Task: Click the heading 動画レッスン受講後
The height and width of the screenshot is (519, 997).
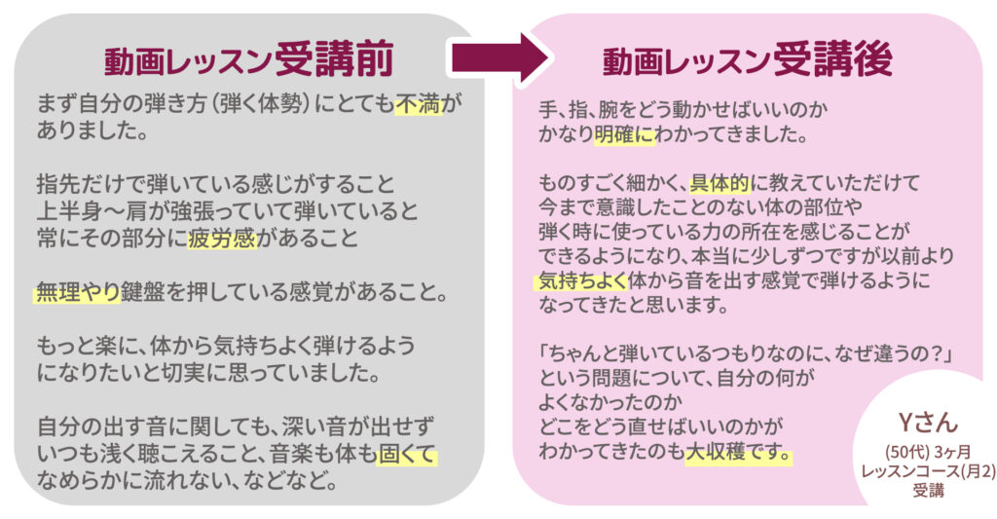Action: [747, 61]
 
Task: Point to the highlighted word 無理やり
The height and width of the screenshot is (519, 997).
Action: [77, 290]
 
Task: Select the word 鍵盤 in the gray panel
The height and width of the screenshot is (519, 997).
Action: [142, 290]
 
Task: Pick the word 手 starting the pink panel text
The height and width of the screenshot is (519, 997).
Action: [547, 105]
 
